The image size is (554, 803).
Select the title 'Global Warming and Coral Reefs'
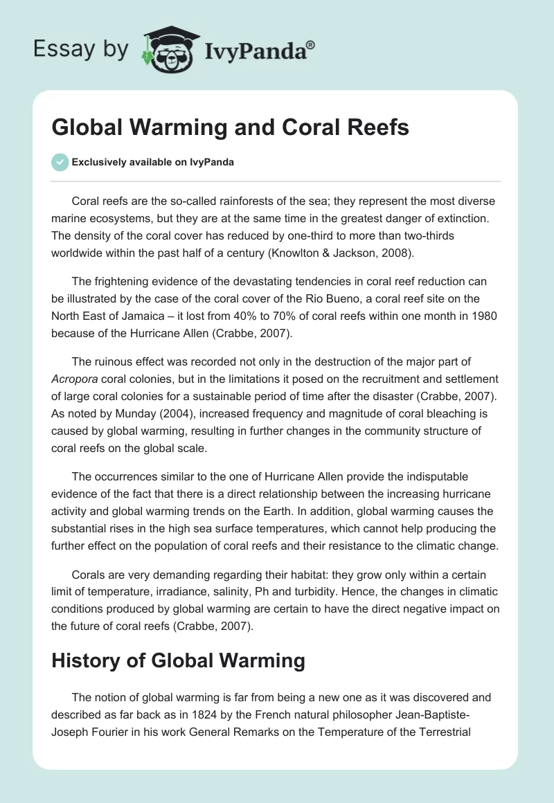point(230,128)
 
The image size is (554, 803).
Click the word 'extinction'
point(467,219)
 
